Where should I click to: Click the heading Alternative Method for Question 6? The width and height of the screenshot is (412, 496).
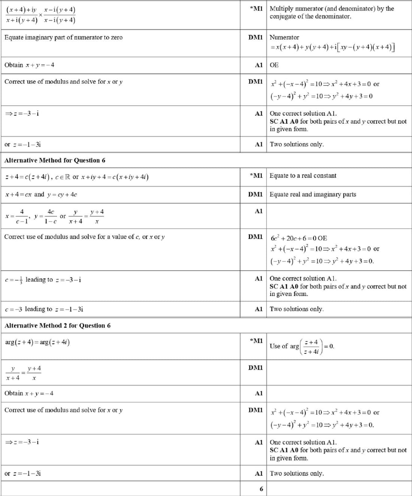click(55, 160)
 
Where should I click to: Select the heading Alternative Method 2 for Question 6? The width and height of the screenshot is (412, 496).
click(57, 326)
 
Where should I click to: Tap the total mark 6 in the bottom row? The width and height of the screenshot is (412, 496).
click(261, 489)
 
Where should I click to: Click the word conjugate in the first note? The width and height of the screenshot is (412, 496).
click(283, 16)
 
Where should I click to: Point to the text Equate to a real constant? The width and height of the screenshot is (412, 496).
click(303, 175)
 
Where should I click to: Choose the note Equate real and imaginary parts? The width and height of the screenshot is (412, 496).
click(312, 194)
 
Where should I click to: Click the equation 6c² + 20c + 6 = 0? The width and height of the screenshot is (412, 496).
click(299, 238)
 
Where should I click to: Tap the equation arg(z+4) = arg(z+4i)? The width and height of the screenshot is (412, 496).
click(37, 342)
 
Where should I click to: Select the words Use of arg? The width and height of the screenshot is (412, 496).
click(284, 346)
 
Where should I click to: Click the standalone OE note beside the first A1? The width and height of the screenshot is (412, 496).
click(274, 65)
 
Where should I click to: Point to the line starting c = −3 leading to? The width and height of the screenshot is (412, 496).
click(44, 309)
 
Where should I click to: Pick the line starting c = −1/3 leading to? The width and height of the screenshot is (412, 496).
click(43, 279)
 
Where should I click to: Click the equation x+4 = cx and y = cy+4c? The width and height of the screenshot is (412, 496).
click(41, 194)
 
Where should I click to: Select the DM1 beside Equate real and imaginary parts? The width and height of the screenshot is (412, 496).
click(255, 194)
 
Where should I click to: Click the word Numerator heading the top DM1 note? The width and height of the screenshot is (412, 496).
click(284, 37)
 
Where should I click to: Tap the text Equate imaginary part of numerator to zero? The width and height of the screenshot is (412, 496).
click(63, 37)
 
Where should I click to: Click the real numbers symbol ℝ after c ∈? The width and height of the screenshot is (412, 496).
click(67, 177)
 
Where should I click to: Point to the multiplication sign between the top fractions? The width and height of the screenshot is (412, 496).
click(40, 15)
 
